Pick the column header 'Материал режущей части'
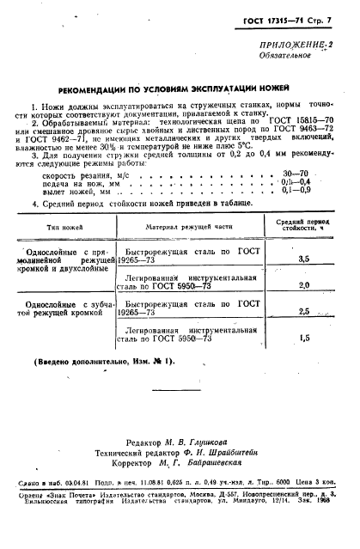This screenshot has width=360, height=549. pos(188,228)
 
